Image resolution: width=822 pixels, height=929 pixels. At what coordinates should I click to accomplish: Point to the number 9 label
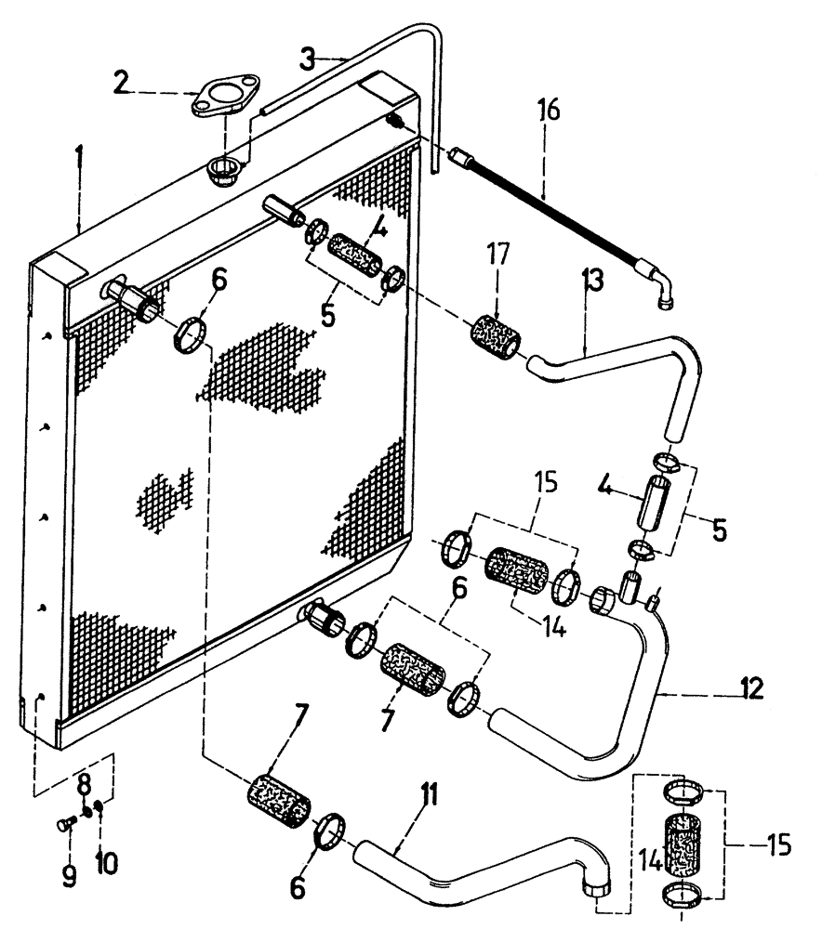coord(69,876)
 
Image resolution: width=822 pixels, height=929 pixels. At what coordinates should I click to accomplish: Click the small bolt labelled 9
coord(66,824)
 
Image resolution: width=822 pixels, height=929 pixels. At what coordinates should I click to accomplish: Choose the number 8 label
coord(85,779)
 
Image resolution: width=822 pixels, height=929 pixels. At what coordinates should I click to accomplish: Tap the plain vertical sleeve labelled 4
coord(652,502)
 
